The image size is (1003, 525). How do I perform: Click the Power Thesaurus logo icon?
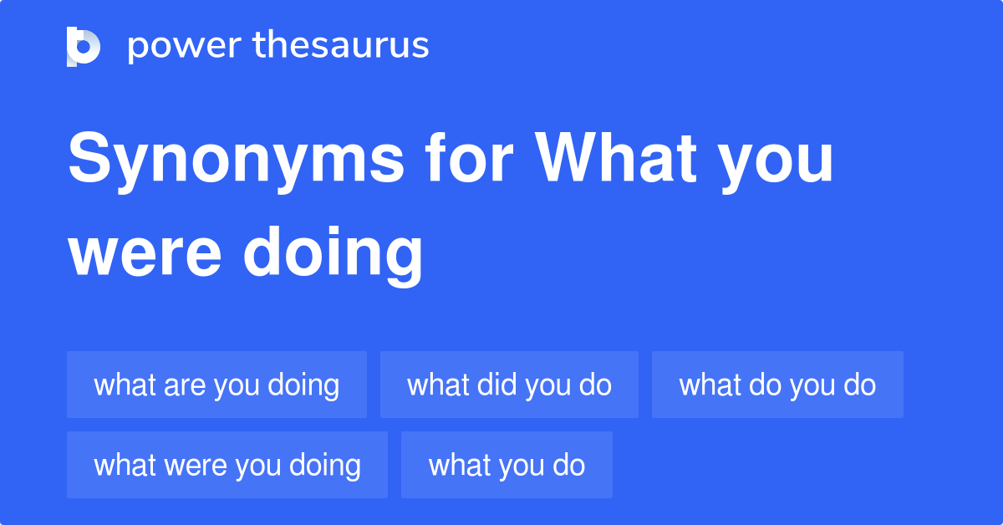(x=84, y=46)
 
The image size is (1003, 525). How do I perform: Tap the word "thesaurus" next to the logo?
(x=341, y=46)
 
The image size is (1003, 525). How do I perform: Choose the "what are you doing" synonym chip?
(x=216, y=385)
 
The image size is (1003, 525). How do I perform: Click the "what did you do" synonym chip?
(x=509, y=385)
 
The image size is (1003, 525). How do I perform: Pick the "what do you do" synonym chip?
(x=777, y=385)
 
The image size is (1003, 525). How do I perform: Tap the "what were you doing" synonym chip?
(x=227, y=466)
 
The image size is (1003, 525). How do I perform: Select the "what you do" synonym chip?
(x=507, y=466)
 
